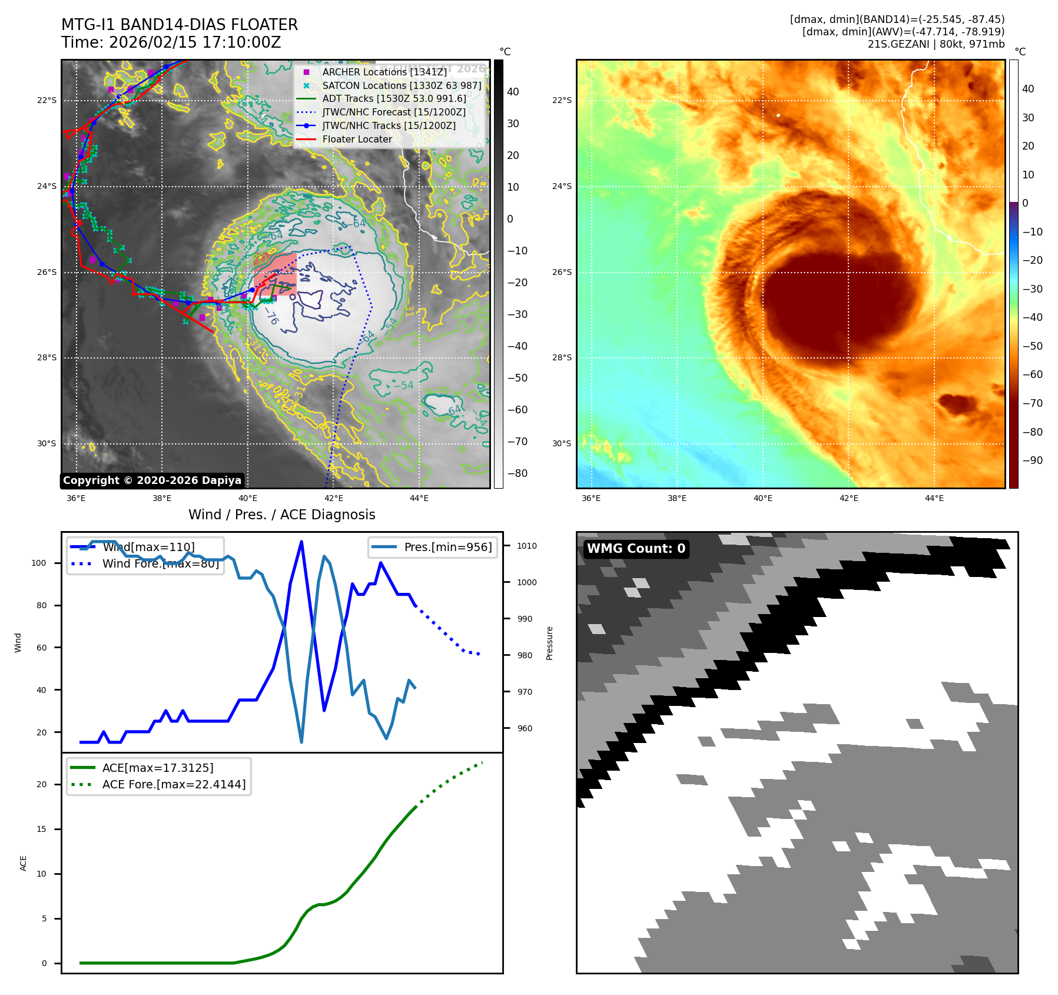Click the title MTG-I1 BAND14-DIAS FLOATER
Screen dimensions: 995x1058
tap(180, 25)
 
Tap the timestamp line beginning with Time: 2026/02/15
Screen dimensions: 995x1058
tap(171, 42)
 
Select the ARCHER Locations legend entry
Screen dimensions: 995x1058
tap(384, 72)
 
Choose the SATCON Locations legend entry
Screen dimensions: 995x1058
tap(402, 85)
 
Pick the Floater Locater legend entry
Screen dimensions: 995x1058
tap(357, 140)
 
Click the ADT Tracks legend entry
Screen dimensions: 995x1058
tap(394, 99)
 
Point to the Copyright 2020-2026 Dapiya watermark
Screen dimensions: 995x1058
tap(152, 480)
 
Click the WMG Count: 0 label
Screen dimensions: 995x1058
tap(636, 549)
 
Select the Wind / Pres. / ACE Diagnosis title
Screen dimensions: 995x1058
tap(281, 515)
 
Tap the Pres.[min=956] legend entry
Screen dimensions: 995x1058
tap(447, 547)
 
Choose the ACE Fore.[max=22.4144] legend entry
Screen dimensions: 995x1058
tap(174, 784)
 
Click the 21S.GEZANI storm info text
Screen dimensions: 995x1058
tap(936, 44)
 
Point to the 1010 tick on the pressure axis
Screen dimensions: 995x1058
tap(526, 546)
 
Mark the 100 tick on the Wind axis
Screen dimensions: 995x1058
tap(39, 563)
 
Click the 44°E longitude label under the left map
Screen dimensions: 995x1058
tap(419, 499)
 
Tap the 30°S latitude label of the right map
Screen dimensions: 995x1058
tap(561, 443)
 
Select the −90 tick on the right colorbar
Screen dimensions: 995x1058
tap(1032, 460)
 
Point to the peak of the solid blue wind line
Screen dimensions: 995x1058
tap(301, 541)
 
